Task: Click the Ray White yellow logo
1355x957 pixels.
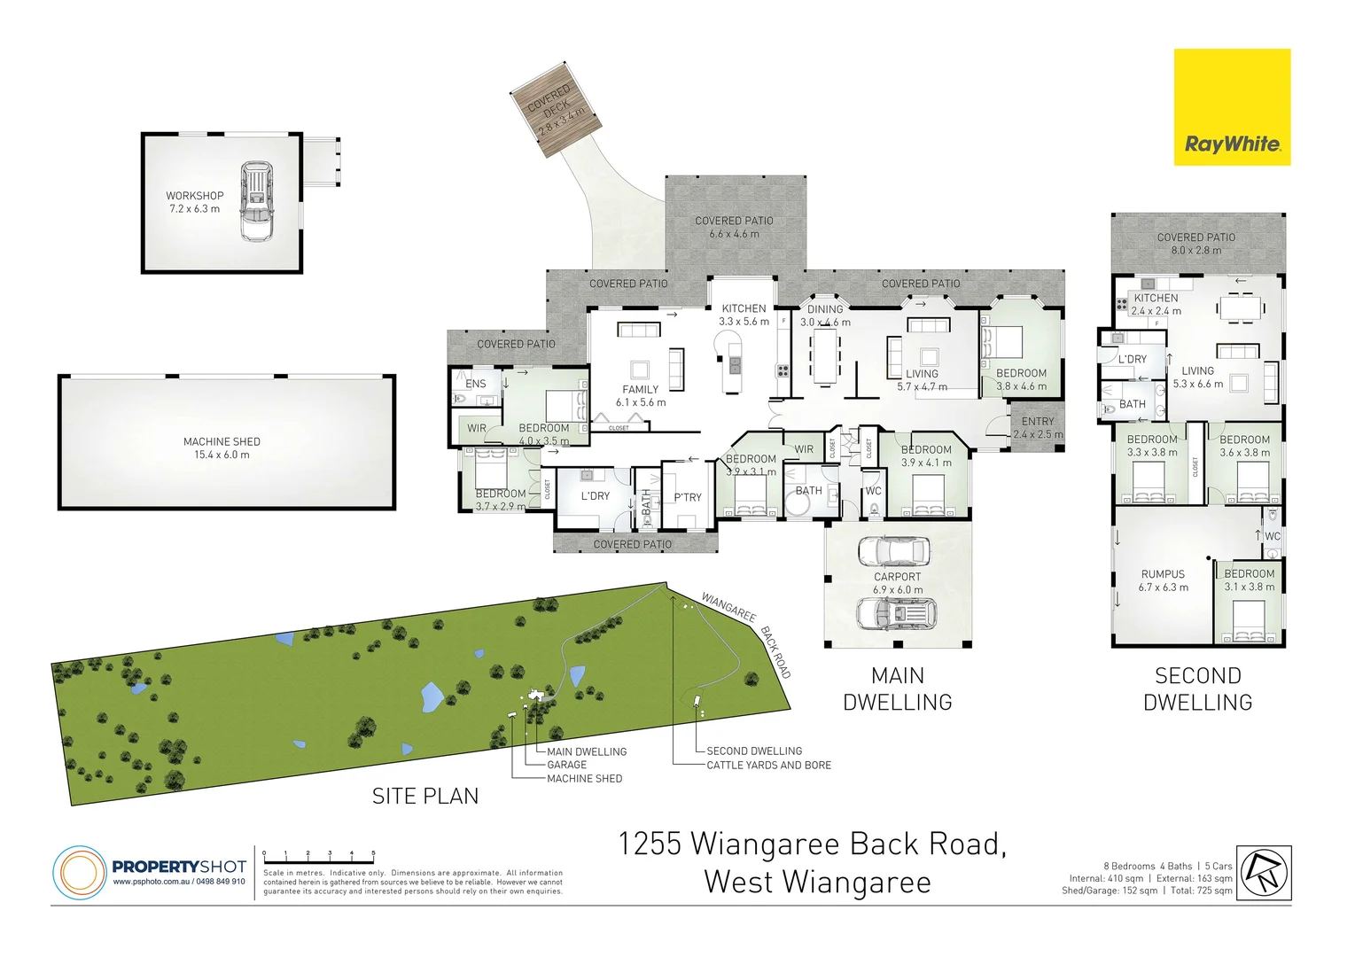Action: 1232,107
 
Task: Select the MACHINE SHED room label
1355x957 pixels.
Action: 222,447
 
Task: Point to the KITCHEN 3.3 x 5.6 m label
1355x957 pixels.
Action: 744,315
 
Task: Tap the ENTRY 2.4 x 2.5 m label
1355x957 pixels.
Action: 1038,428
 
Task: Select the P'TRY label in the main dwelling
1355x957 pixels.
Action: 688,497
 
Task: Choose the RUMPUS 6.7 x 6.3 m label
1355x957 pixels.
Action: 1164,580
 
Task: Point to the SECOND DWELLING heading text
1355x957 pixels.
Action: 1198,689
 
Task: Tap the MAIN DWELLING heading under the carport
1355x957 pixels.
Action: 898,689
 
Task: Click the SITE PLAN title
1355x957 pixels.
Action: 425,796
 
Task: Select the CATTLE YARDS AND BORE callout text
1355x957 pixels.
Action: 768,765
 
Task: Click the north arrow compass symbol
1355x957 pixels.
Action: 1265,873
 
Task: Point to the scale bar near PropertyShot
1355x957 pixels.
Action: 319,857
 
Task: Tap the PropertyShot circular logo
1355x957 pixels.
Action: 79,873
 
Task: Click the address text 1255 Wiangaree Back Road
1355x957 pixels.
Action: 812,844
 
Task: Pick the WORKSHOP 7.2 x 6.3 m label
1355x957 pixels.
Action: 195,202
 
